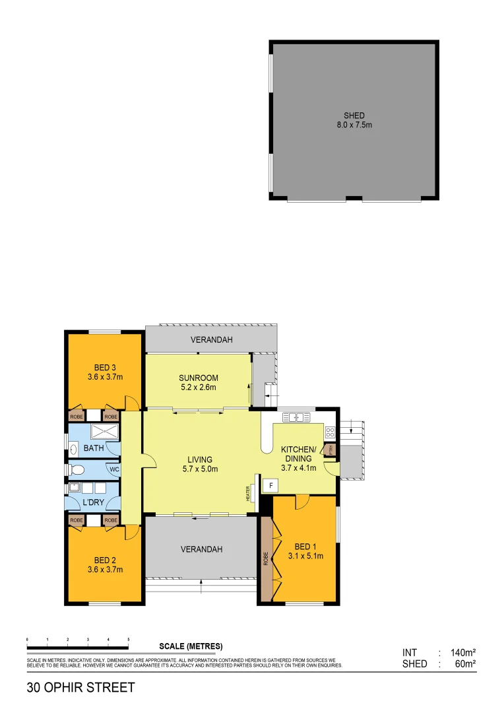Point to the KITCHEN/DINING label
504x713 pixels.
point(299,454)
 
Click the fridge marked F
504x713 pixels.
point(269,485)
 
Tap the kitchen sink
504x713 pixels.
point(297,417)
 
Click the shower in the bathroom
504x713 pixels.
point(104,432)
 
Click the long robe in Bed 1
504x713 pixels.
point(266,559)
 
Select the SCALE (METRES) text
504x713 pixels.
point(191,646)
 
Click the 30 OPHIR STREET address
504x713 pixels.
point(80,687)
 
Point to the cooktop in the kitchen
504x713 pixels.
point(329,433)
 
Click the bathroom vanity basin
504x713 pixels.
point(73,450)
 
